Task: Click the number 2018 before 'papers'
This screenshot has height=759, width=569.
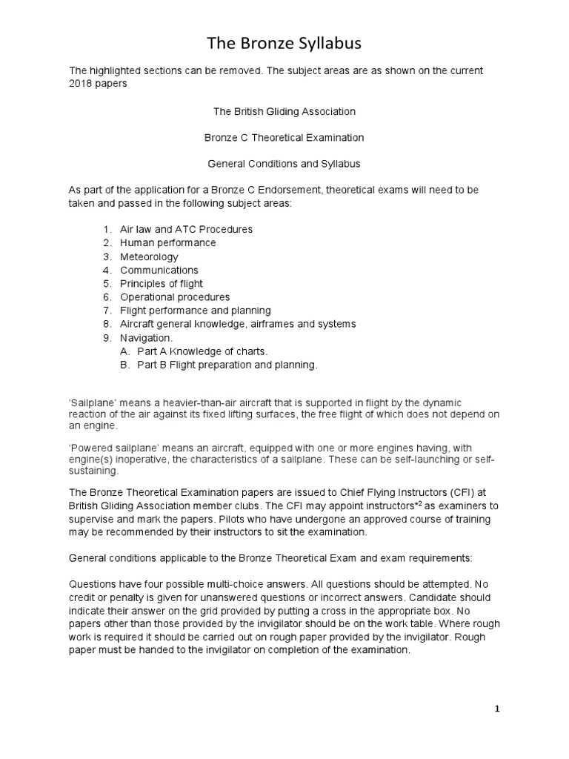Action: [x=82, y=84]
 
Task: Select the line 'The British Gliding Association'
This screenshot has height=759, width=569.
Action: [x=284, y=111]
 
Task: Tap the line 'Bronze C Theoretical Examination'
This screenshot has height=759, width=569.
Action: [x=284, y=138]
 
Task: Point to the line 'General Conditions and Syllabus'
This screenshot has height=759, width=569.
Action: [x=284, y=164]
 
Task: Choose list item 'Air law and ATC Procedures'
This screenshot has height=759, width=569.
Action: [x=186, y=229]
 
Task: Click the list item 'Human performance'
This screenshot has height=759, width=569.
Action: [x=168, y=242]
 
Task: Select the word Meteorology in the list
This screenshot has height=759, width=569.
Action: [x=149, y=256]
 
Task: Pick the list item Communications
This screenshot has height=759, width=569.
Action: [x=159, y=270]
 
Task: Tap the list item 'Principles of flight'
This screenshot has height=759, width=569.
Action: [x=162, y=283]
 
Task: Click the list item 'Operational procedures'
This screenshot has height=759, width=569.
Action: [x=175, y=297]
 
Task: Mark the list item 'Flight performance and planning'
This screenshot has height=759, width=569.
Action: [x=196, y=311]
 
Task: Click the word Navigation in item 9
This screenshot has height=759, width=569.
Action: [x=146, y=337]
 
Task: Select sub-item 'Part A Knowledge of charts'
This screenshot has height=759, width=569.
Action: [x=202, y=351]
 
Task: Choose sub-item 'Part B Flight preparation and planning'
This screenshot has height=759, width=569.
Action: [x=227, y=365]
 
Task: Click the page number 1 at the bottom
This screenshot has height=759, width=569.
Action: [x=498, y=709]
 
